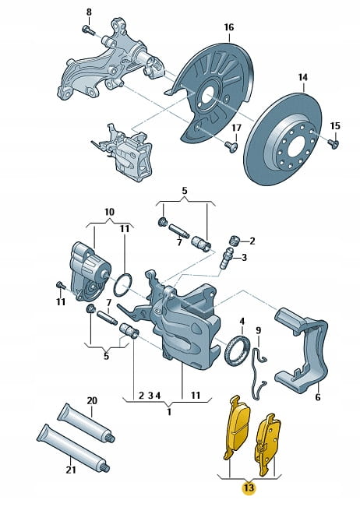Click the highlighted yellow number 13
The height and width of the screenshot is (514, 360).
pos(249,488)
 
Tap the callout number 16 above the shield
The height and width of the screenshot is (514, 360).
pos(229,27)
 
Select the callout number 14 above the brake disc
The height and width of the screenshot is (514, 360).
pos(303,77)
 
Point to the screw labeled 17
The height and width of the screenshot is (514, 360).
pos(231,146)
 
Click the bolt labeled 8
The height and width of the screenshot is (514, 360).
pos(88,30)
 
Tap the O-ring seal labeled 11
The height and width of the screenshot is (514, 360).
pos(122,285)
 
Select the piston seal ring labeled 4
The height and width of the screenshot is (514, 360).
pos(237,352)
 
